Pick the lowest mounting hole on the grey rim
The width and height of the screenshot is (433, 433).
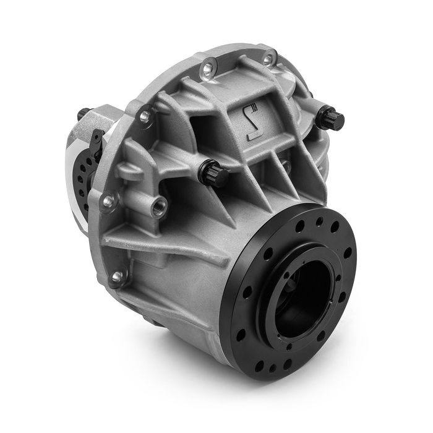click(x=115, y=278)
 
